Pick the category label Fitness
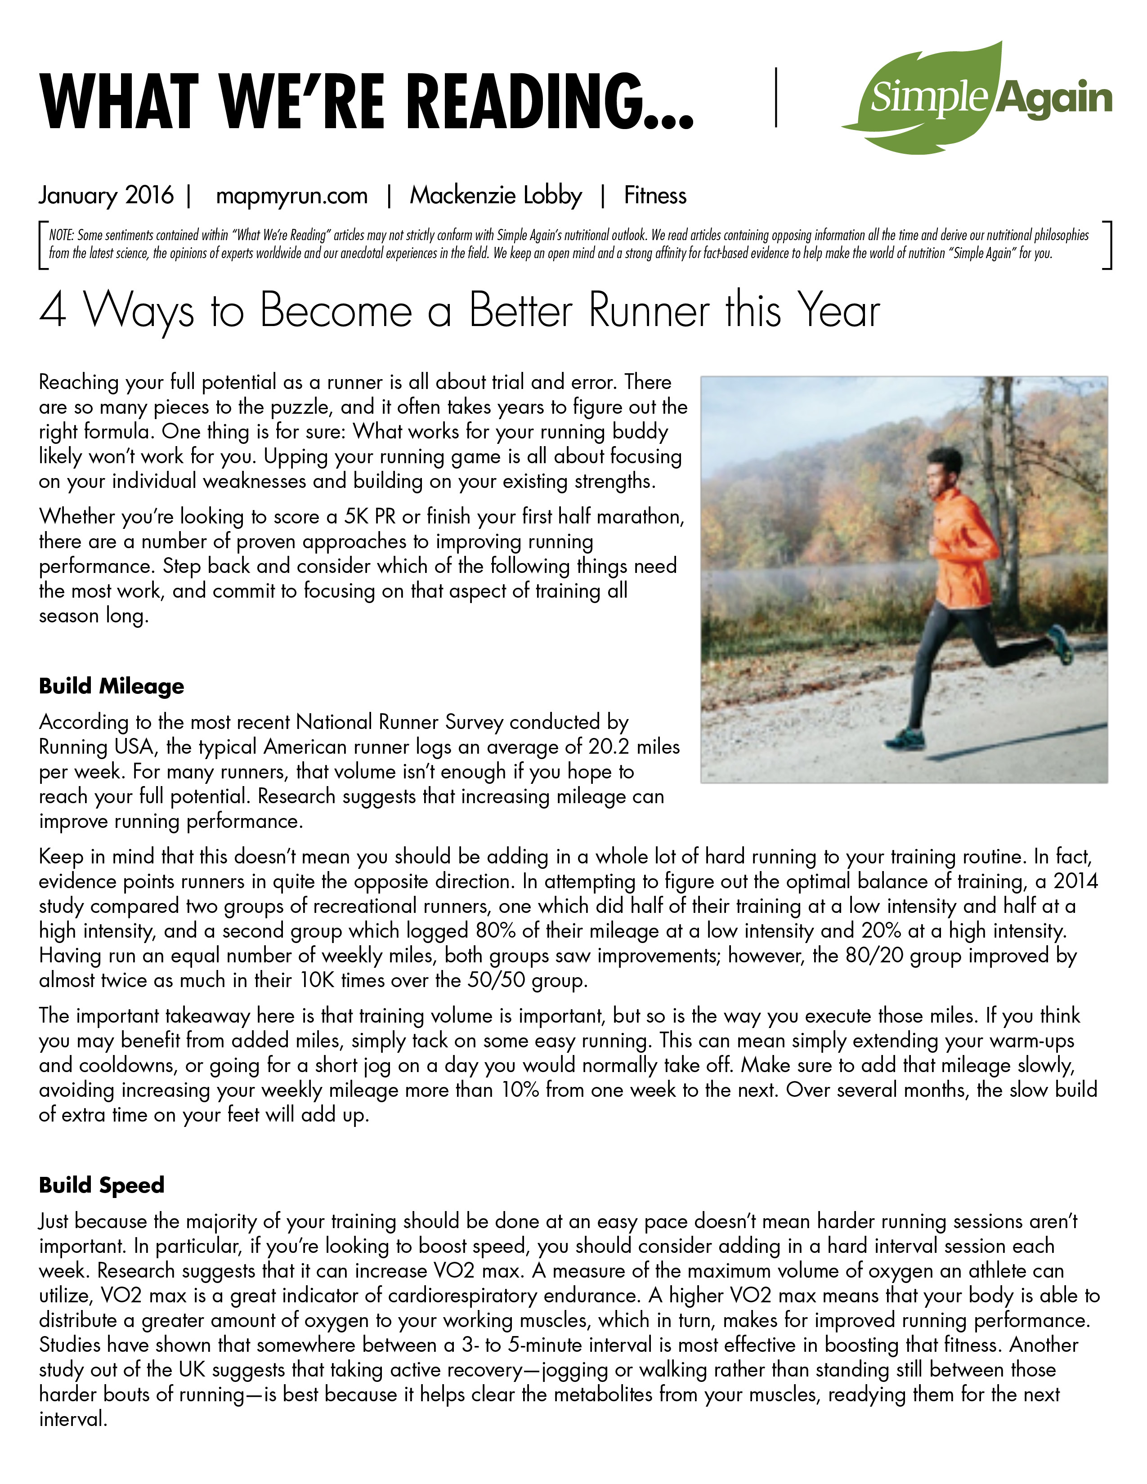655,196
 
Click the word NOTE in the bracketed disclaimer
61,236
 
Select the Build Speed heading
102,1185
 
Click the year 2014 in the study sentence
1075,881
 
